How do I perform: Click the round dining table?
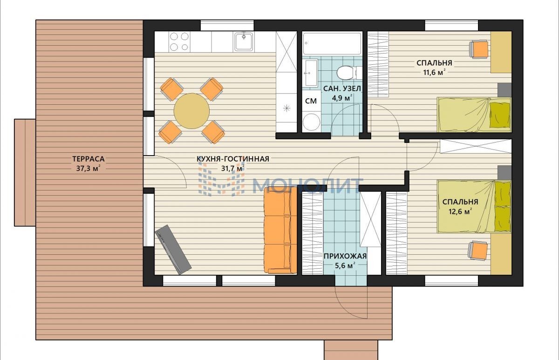[x=191, y=111]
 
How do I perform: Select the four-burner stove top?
[x=179, y=41]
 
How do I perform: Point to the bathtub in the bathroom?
[x=332, y=43]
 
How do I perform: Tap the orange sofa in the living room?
[x=280, y=230]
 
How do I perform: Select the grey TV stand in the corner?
[x=173, y=250]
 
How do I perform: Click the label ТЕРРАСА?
[x=89, y=159]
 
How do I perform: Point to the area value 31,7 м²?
[x=232, y=169]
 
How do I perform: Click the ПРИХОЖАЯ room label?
[x=345, y=256]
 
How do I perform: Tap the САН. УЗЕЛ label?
[x=342, y=88]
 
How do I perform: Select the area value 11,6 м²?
[x=434, y=72]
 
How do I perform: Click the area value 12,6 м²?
[x=460, y=211]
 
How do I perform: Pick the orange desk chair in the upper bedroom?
[x=479, y=50]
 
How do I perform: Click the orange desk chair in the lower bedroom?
[x=478, y=251]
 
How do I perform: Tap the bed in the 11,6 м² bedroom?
[x=474, y=115]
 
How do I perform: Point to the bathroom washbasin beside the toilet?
[x=310, y=73]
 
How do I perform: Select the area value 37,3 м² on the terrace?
[x=89, y=169]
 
